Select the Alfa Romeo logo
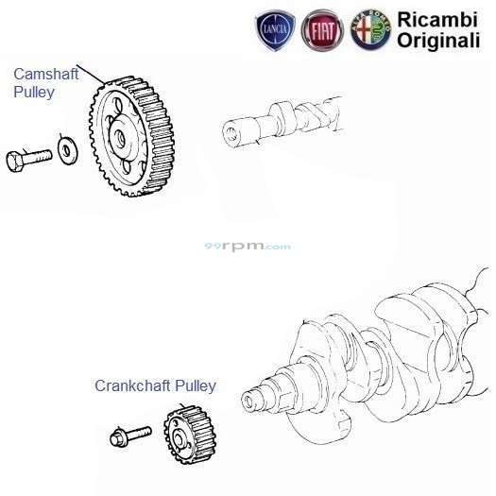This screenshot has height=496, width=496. tap(368, 31)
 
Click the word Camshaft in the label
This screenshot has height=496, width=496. tap(42, 74)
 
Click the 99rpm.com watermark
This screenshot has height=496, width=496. tap(248, 247)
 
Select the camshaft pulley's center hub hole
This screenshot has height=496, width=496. tap(121, 136)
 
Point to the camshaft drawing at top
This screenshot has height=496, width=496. tap(283, 118)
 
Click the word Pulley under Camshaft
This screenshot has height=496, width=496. tap(34, 93)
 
